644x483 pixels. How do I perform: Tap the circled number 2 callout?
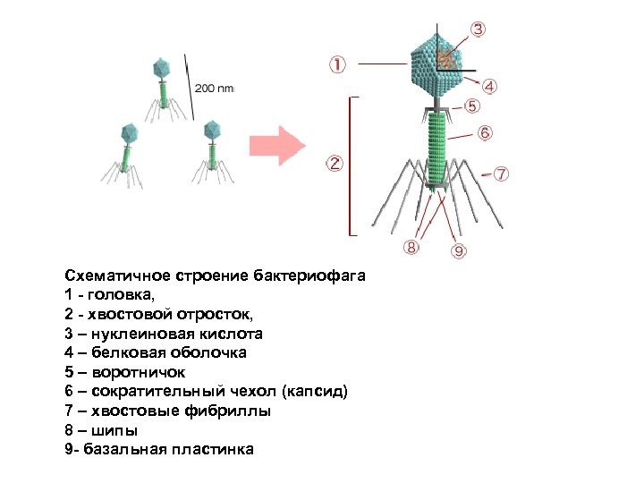point(333,164)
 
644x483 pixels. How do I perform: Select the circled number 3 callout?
point(479,29)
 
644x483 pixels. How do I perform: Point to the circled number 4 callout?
point(491,87)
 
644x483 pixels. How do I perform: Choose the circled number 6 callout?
point(484,132)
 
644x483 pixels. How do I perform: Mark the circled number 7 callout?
point(502,172)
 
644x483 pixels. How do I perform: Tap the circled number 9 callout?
point(458,251)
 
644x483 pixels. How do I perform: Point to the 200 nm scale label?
point(214,88)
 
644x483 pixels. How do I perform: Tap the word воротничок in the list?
point(131,372)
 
